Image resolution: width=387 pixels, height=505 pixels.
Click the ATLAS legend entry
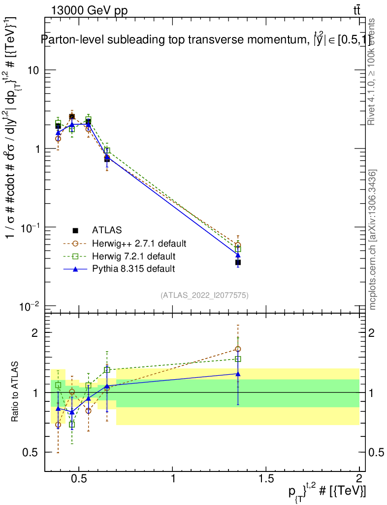click(107, 230)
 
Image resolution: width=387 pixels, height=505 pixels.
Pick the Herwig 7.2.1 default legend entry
click(133, 256)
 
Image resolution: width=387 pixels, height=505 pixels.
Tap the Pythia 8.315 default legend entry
click(133, 269)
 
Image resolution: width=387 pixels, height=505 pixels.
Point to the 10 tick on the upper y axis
click(32, 70)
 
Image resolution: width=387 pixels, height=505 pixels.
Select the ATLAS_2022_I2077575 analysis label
click(204, 295)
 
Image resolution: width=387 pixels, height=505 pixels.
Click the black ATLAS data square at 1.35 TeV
click(238, 262)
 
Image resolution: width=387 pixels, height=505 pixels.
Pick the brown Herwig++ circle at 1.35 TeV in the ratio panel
click(238, 349)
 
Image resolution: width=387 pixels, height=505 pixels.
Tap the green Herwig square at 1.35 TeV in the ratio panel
click(238, 359)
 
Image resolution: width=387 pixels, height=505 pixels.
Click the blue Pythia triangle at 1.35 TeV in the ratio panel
click(238, 373)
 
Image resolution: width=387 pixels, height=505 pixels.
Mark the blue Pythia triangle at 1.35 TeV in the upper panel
click(238, 254)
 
